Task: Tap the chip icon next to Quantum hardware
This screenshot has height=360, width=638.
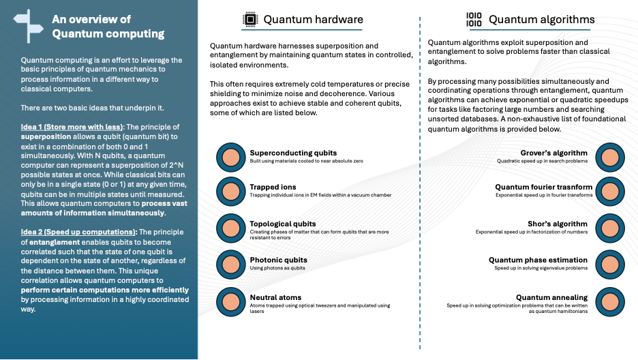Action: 249,20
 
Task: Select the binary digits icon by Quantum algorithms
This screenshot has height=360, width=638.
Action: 473,20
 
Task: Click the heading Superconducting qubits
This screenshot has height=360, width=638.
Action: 293,153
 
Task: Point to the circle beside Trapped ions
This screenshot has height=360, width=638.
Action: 230,192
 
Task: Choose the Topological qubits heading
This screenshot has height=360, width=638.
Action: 283,224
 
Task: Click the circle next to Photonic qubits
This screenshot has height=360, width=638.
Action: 230,265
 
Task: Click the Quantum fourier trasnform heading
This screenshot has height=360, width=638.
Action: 544,187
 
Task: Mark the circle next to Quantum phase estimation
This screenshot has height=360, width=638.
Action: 609,265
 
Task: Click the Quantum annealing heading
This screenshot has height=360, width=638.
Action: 551,297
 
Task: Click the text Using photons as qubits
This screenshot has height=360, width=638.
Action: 278,269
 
